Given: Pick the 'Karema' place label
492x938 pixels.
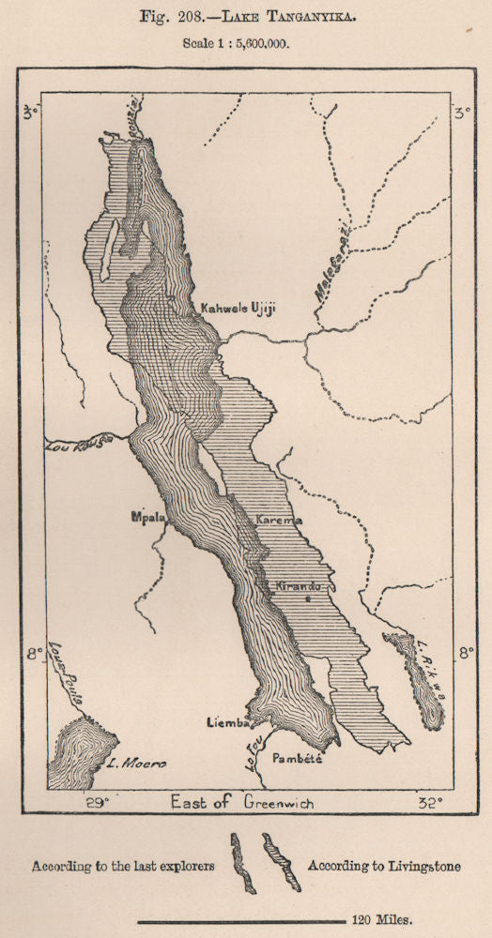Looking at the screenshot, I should pos(267,518).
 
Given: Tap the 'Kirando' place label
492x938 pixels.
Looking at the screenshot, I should pos(299,585).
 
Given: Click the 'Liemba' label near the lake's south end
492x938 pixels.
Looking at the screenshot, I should pos(227,722).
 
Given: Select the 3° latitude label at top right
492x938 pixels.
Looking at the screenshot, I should pos(460,114).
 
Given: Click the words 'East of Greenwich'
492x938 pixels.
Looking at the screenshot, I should pos(242,803).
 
